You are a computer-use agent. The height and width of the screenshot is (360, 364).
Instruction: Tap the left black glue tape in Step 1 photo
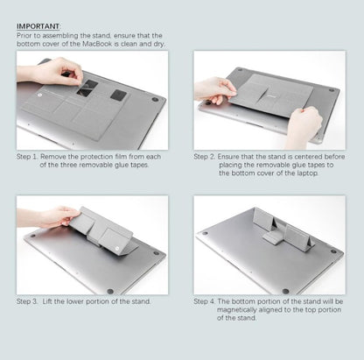(x=88, y=88)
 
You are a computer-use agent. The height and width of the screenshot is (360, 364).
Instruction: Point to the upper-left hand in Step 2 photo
(x=214, y=88)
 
